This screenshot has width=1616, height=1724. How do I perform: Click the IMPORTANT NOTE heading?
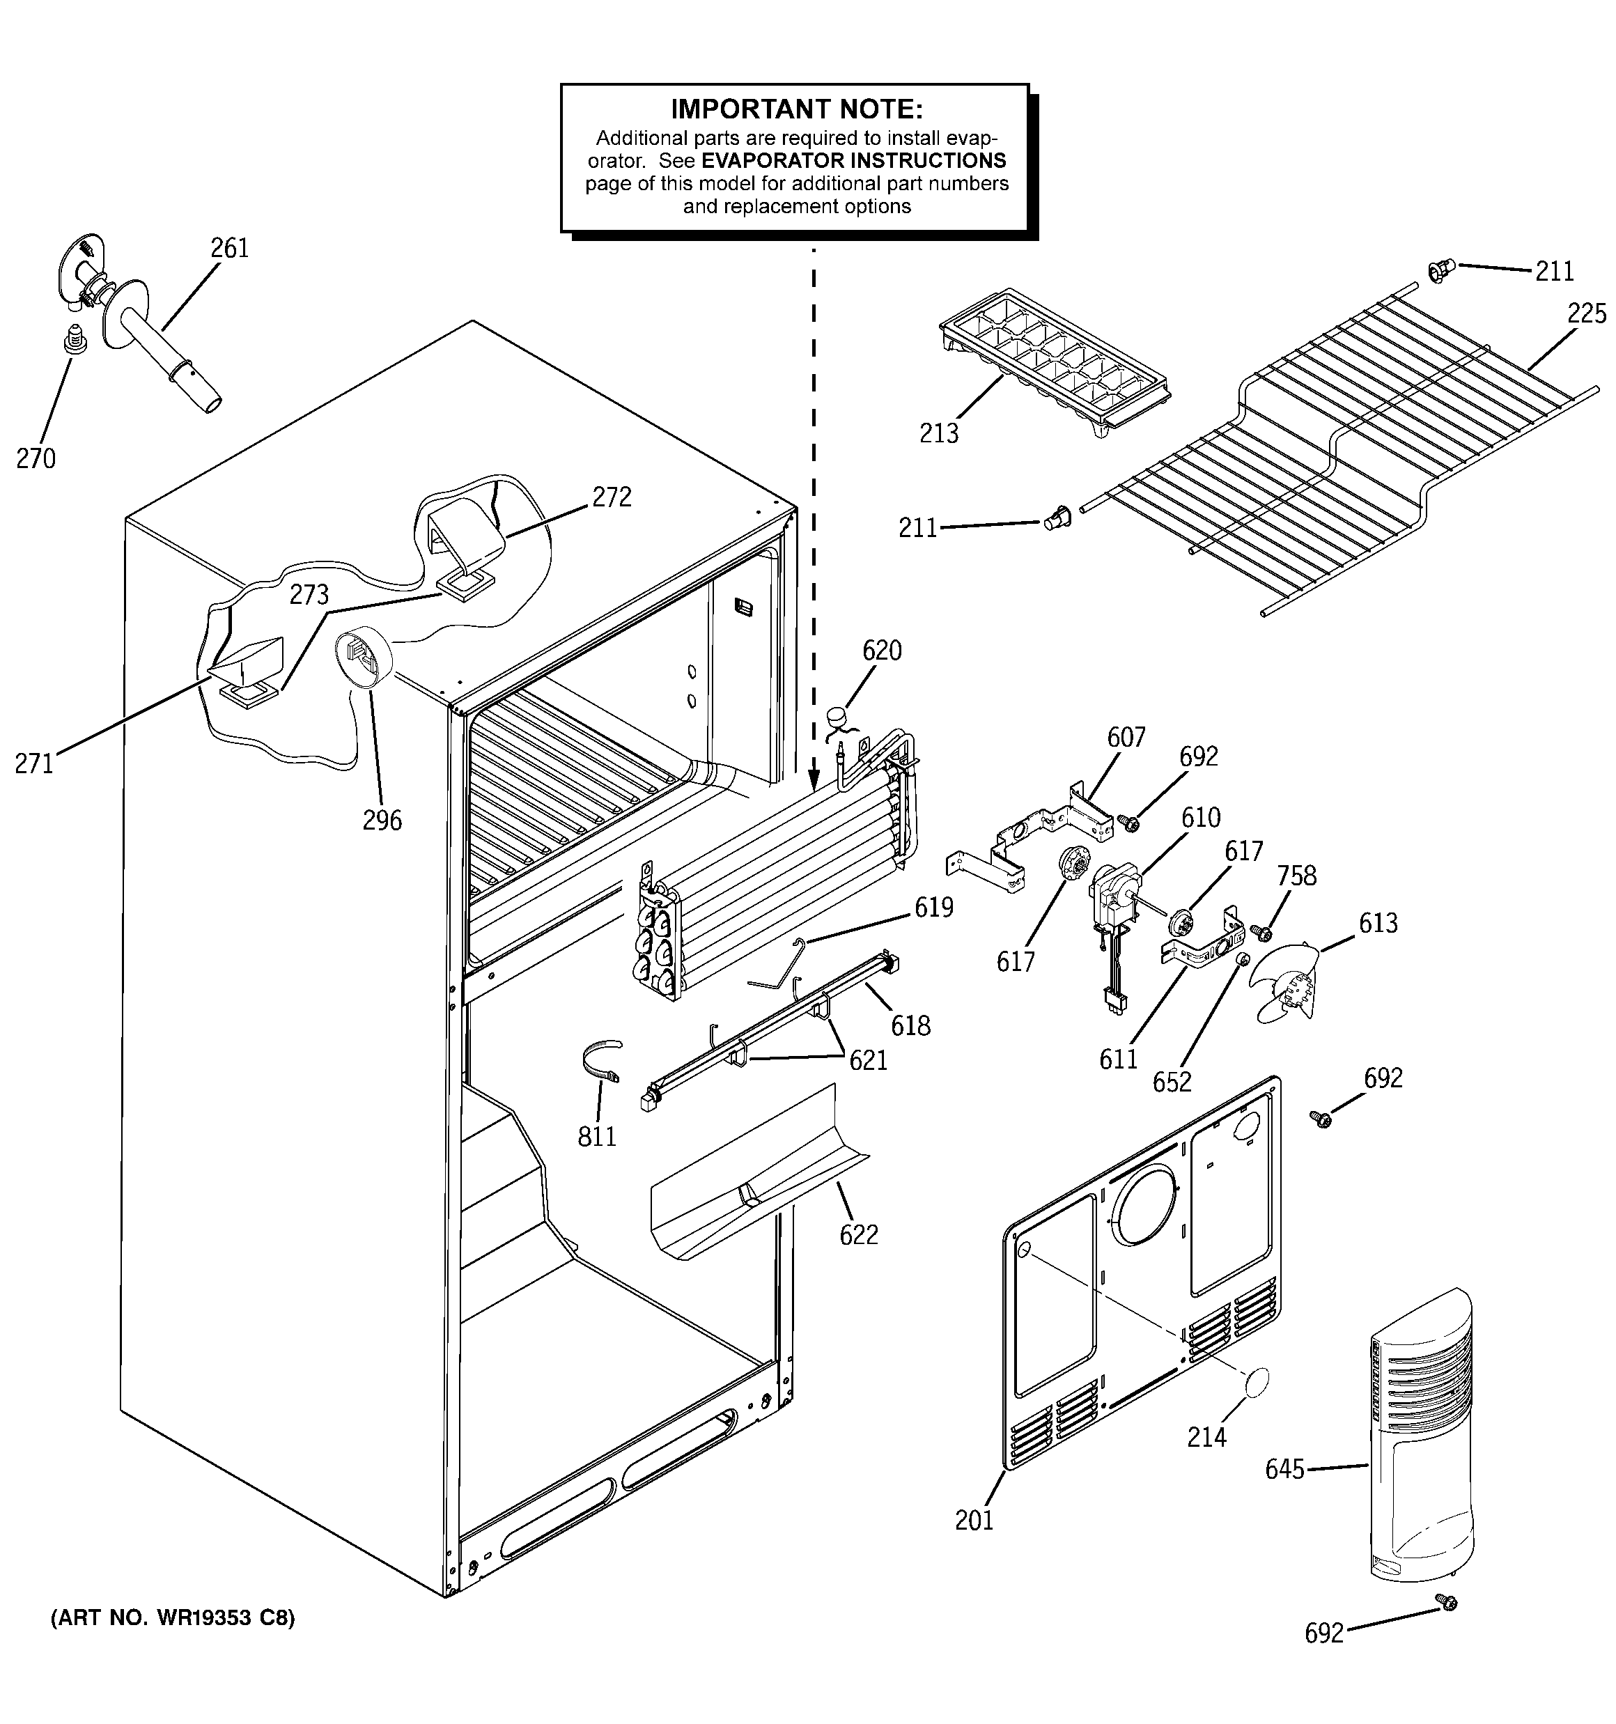coord(796,109)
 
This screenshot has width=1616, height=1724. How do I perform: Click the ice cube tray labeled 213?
coord(1054,360)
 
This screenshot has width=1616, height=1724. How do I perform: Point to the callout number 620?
coord(881,651)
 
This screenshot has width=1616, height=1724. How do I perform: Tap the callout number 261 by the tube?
coord(230,249)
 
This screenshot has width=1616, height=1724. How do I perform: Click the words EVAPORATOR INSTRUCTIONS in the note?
coord(853,160)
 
